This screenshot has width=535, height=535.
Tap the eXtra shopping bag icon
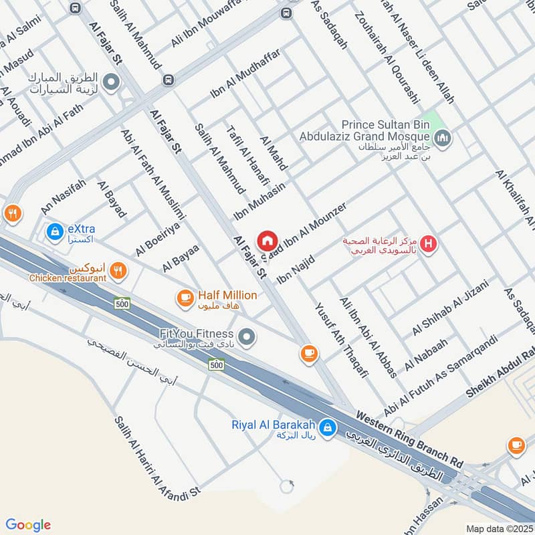(53, 231)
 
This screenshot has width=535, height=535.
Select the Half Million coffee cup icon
(184, 296)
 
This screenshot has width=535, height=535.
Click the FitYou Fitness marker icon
(247, 337)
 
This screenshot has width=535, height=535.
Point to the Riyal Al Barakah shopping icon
(327, 427)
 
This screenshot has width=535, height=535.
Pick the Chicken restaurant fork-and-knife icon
(118, 270)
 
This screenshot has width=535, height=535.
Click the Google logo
(28, 525)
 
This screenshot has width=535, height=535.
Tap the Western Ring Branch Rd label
(409, 438)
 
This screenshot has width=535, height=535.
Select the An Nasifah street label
(64, 197)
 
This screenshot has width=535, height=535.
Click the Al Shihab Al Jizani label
(450, 308)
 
